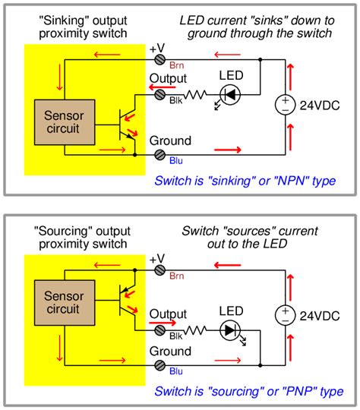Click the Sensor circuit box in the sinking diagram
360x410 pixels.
[65, 121]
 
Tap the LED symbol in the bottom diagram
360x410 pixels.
[229, 332]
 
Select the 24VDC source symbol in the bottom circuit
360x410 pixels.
[286, 314]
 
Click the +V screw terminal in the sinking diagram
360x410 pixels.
[160, 58]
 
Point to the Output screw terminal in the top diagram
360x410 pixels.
[160, 94]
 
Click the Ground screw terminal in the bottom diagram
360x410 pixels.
[160, 366]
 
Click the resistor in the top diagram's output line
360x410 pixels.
[196, 94]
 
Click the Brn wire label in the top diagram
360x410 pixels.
[176, 66]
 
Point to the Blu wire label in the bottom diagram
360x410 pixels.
[175, 374]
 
